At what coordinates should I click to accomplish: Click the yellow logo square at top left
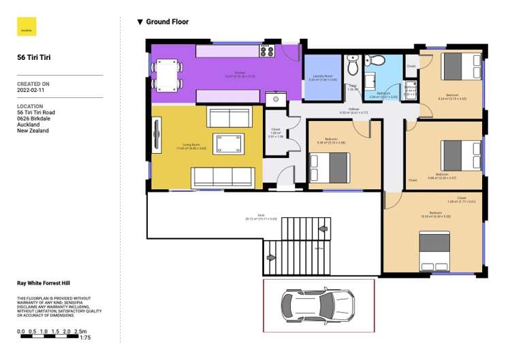coord(27,27)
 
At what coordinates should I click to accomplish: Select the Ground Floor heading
coord(163,22)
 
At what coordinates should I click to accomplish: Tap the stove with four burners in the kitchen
coord(266,50)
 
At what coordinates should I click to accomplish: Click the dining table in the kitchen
coord(167,73)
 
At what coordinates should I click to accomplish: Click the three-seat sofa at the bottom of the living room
coord(221,176)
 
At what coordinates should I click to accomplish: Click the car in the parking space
coord(318,304)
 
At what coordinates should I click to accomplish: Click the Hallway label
coord(353,110)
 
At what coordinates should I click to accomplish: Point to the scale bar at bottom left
coord(51,335)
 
